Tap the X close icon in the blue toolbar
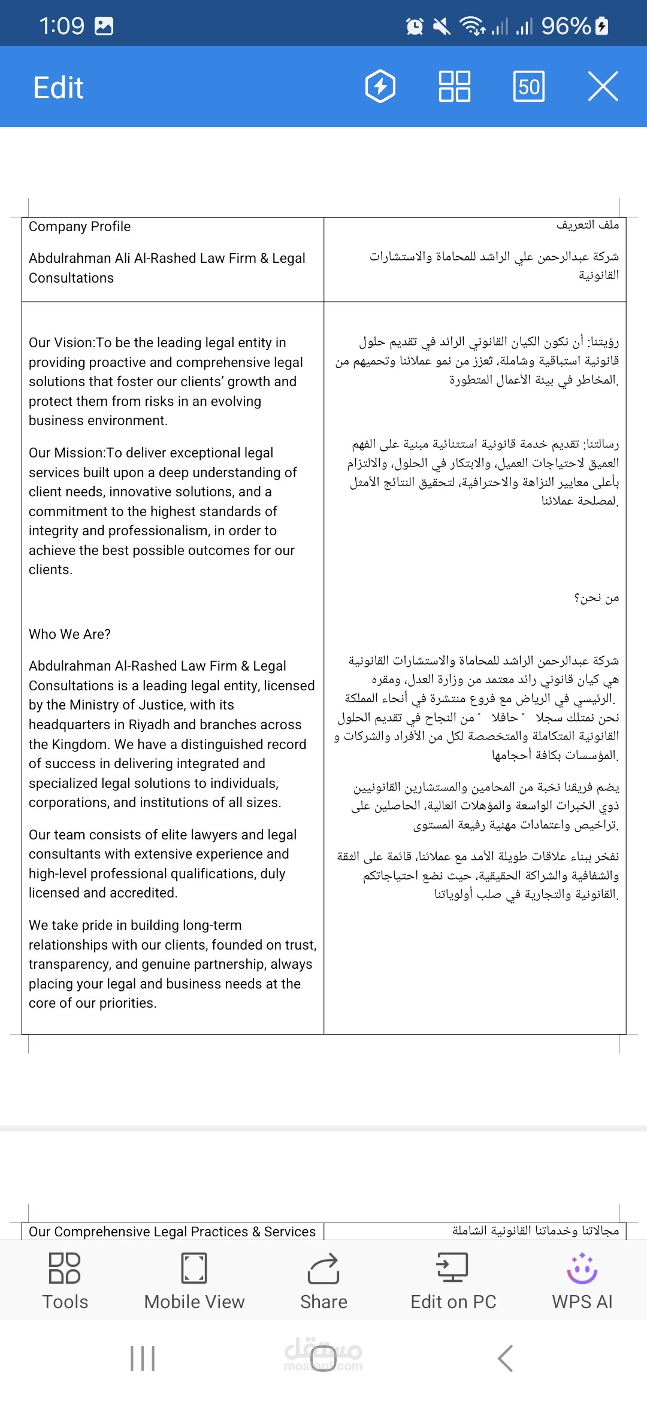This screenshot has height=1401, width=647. (603, 86)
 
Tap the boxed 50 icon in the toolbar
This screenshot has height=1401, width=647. (529, 86)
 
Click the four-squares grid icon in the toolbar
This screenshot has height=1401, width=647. (455, 86)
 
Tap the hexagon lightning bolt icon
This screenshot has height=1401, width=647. (380, 86)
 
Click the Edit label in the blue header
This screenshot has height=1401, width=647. (58, 87)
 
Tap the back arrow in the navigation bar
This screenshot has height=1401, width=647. (505, 1358)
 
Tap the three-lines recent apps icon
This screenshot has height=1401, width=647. (143, 1358)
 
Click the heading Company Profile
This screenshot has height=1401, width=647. (80, 226)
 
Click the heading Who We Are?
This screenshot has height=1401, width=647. (69, 634)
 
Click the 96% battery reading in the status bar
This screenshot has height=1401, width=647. (566, 26)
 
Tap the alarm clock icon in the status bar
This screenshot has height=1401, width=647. (415, 26)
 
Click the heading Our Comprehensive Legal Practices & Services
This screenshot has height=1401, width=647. (172, 1232)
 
